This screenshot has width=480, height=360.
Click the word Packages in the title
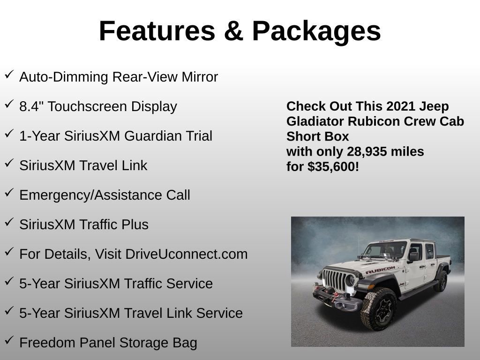(x=316, y=31)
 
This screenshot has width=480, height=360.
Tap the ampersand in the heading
(x=233, y=31)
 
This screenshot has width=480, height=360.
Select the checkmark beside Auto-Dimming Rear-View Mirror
(x=9, y=75)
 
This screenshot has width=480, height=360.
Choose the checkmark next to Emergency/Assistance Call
(x=9, y=193)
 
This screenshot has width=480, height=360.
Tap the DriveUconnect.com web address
(x=186, y=254)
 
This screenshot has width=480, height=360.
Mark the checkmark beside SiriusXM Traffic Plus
(x=9, y=222)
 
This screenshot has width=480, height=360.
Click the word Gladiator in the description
(x=315, y=121)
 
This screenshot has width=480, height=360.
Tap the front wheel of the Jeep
(x=378, y=308)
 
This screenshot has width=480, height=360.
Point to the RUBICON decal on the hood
(x=380, y=270)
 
